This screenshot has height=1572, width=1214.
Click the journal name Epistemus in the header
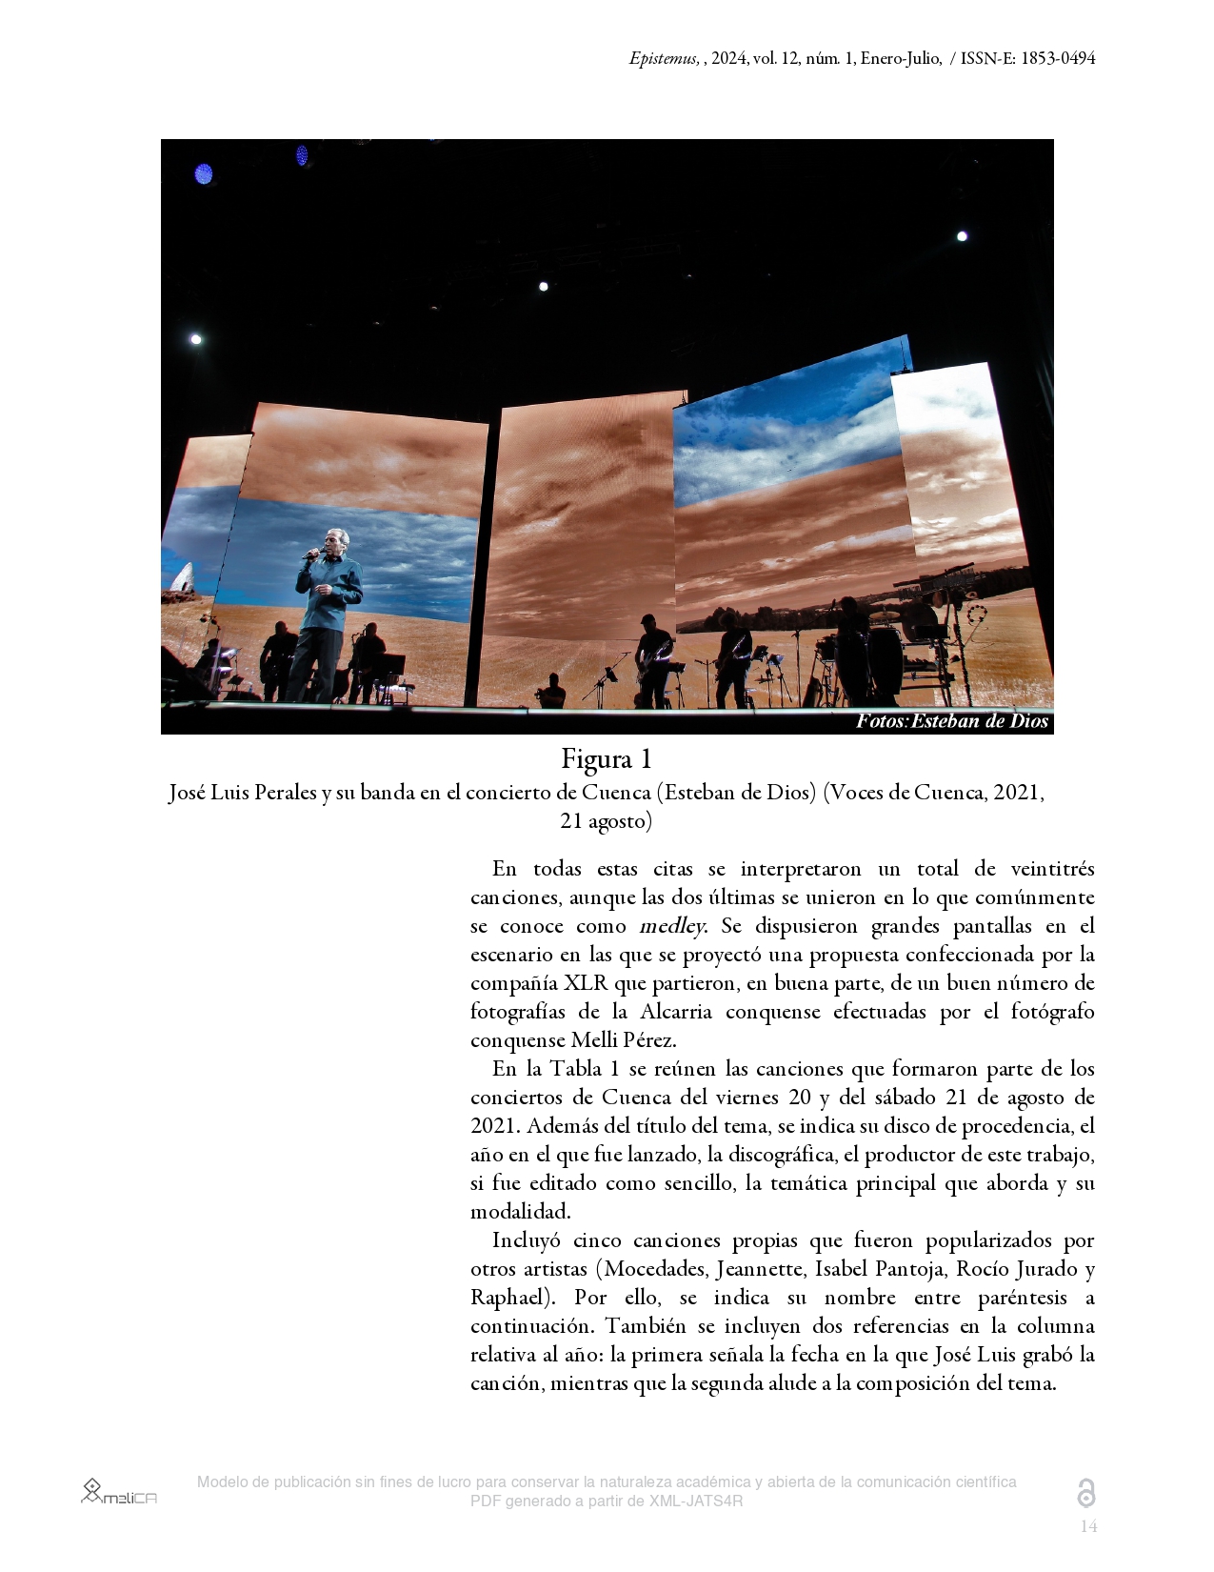coord(664,58)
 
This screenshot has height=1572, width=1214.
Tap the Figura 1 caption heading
coord(607,759)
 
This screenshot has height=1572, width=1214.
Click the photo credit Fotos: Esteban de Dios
coord(951,721)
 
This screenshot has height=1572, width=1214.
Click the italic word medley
coord(672,926)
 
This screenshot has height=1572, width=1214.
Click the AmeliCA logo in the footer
coord(119,1492)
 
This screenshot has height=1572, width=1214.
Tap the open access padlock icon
coord(1085,1493)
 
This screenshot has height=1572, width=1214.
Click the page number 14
coord(1088,1527)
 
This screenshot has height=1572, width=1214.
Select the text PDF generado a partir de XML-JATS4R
coord(607,1501)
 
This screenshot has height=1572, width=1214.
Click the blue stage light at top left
coord(204,173)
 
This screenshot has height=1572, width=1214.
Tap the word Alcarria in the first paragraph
coord(676,1012)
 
